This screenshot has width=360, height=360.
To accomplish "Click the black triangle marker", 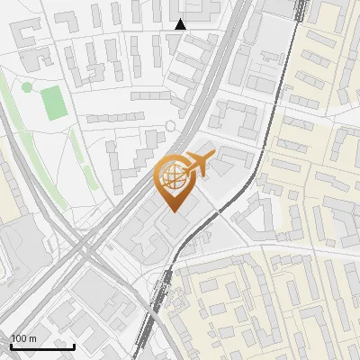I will pyautogui.click(x=180, y=24).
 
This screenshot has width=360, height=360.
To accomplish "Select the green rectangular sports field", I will pyautogui.click(x=54, y=103).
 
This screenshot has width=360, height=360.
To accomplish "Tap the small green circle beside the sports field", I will pyautogui.click(x=27, y=86).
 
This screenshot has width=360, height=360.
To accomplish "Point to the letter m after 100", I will pyautogui.click(x=33, y=337).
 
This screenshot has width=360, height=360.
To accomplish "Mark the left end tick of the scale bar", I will pyautogui.click(x=11, y=346).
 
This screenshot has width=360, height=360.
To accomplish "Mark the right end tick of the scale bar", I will pyautogui.click(x=75, y=346).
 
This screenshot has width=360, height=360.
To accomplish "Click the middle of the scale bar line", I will pyautogui.click(x=42, y=346).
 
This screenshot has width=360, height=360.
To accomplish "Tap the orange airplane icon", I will pyautogui.click(x=197, y=165).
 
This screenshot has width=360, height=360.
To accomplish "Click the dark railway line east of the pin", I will pyautogui.click(x=261, y=162).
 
